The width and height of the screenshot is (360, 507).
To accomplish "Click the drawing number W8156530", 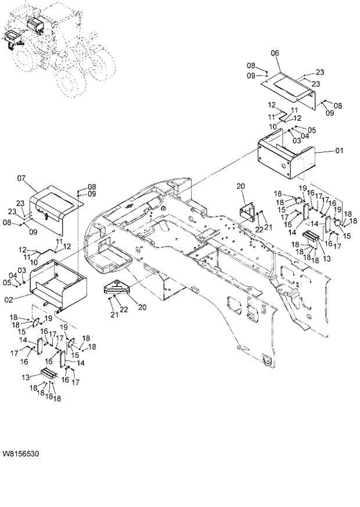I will tap(21, 452).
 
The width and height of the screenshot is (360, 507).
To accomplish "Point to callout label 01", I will tap(339, 151).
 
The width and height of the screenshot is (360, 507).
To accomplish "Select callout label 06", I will tap(275, 53).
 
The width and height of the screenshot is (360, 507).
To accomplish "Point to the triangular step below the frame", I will tap(117, 287).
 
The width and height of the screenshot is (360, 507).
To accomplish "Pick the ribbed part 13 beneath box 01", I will tap(311, 236).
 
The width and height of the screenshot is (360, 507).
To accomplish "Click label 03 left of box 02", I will tap(22, 271).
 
